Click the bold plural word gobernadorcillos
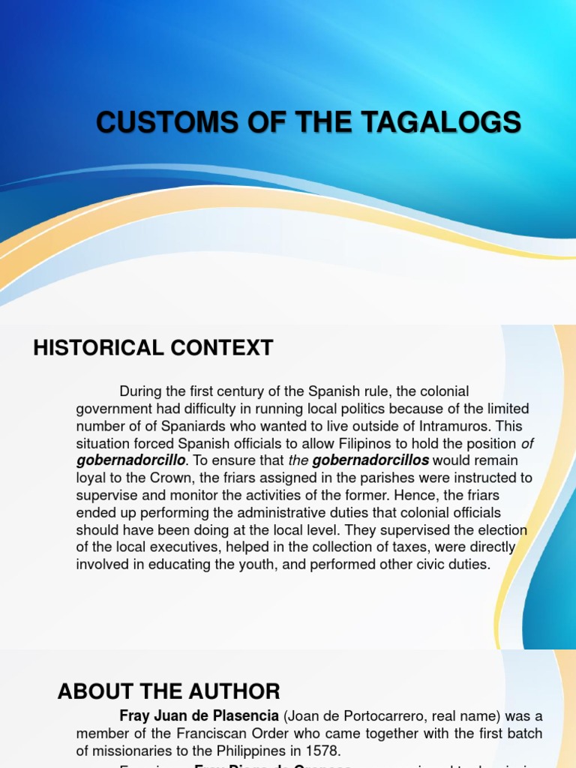tap(370, 460)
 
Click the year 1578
tap(323, 749)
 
